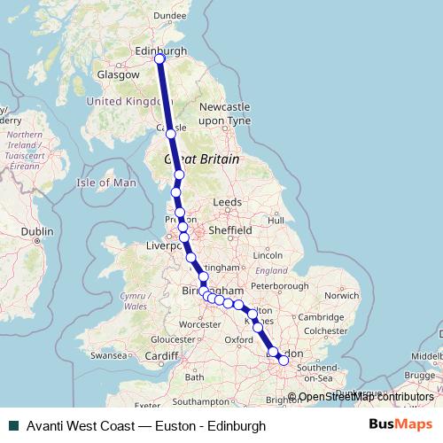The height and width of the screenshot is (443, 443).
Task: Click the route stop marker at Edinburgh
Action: pyautogui.click(x=159, y=59)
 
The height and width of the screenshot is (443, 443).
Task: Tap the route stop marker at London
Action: pyautogui.click(x=284, y=360)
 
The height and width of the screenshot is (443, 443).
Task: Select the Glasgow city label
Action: pyautogui.click(x=119, y=75)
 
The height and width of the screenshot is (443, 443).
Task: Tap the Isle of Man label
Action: pyautogui.click(x=106, y=183)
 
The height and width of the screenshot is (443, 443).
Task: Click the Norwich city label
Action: pyautogui.click(x=341, y=295)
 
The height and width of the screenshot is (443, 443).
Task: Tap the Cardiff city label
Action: pyautogui.click(x=162, y=356)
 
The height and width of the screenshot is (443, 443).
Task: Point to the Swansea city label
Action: pyautogui.click(x=109, y=355)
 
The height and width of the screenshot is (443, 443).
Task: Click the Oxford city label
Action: pyautogui.click(x=239, y=339)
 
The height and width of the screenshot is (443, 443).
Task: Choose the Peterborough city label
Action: pyautogui.click(x=279, y=286)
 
